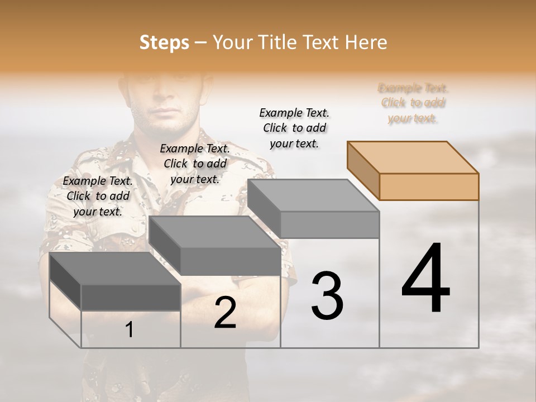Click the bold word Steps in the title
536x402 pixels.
click(x=164, y=42)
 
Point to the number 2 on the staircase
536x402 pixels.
click(x=225, y=313)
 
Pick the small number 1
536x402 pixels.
click(x=130, y=330)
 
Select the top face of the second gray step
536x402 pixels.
click(x=215, y=232)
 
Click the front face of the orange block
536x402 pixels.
click(x=429, y=186)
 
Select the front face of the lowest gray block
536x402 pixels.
click(x=131, y=297)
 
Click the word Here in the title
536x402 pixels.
click(x=367, y=42)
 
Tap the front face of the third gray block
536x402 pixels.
click(x=329, y=224)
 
